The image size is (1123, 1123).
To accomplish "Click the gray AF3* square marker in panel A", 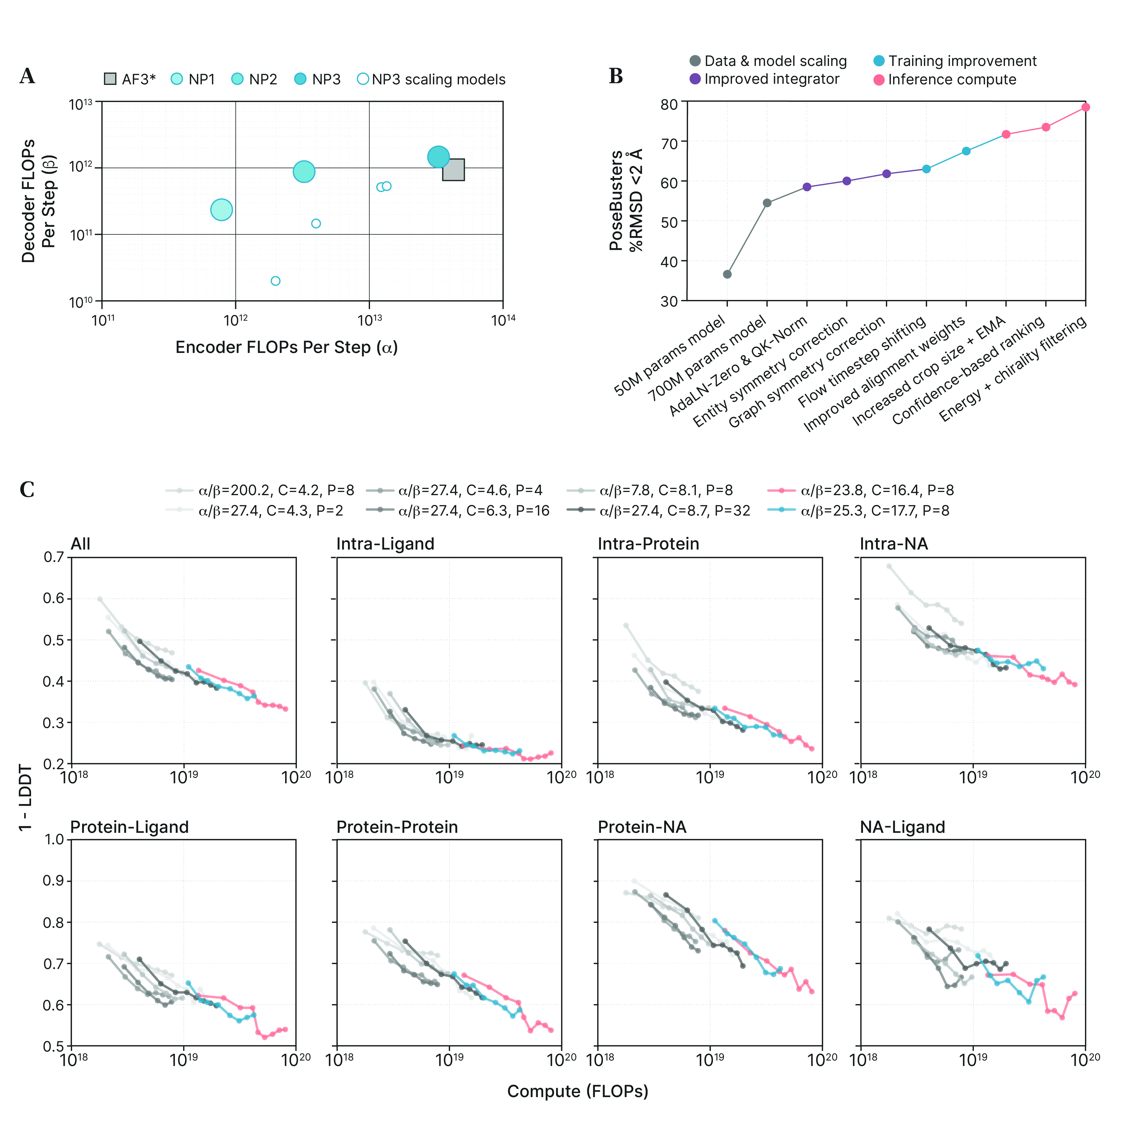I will pos(454,170).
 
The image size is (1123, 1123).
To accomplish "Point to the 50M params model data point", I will pos(727,274).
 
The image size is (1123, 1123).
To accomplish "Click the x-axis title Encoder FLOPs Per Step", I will pos(287,347).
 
